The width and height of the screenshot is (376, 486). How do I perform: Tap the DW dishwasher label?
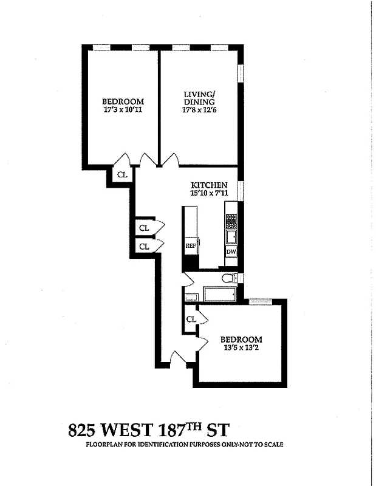[231, 252]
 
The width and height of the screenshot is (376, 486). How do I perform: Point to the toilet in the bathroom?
[228, 279]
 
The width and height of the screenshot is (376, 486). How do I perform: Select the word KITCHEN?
[210, 185]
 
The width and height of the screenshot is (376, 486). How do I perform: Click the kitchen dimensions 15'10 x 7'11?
[209, 193]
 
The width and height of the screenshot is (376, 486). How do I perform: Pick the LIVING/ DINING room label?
[199, 98]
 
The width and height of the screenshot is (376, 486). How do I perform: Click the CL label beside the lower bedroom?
[191, 319]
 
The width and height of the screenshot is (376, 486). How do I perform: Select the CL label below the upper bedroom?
[121, 174]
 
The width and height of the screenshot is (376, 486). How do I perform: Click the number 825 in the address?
[83, 431]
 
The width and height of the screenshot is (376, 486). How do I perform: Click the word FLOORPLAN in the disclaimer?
[104, 445]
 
